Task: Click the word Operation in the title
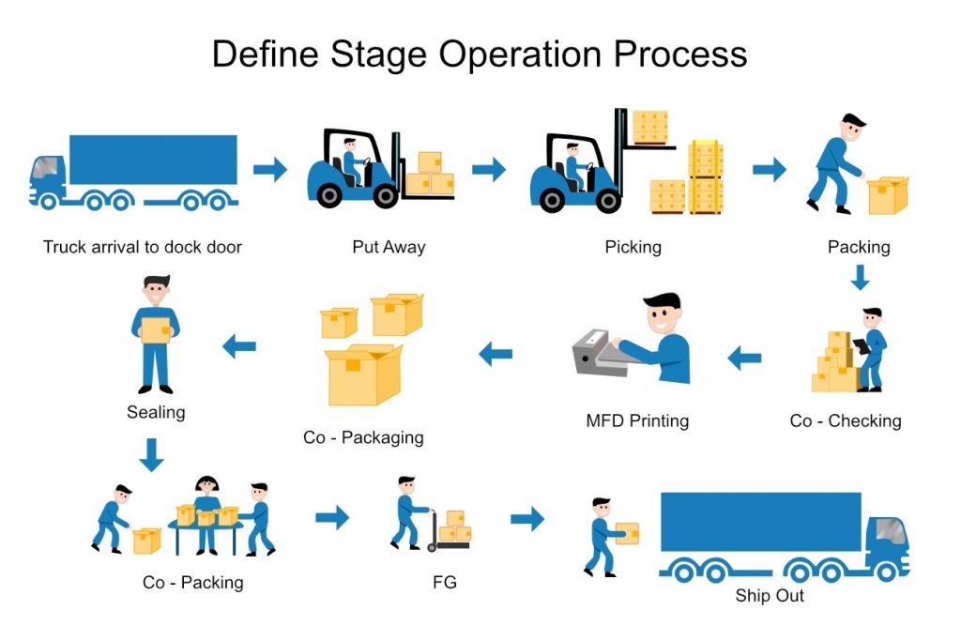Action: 521,53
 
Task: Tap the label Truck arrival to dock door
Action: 143,247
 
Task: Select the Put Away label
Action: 389,247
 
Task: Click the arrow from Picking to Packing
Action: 770,170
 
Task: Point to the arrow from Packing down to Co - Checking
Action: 860,277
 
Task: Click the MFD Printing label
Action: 637,421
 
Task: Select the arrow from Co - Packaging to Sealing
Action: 239,347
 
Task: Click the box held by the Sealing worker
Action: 156,329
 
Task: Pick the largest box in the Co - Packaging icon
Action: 363,375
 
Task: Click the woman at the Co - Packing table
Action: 207,513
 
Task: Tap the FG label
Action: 444,582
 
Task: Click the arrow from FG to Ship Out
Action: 527,519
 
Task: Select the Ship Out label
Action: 770,596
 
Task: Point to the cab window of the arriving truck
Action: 47,167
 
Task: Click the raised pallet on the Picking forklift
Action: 650,128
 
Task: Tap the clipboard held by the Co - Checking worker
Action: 862,346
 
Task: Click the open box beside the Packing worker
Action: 888,195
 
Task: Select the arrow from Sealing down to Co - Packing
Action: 151,454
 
